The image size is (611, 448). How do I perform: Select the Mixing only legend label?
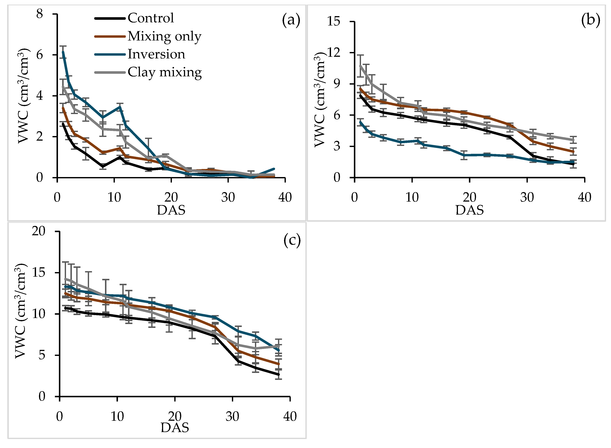(x=164, y=36)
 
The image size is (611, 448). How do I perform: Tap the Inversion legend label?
(x=156, y=54)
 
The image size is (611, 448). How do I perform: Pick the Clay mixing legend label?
(x=164, y=72)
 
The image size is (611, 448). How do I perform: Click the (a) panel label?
(x=291, y=20)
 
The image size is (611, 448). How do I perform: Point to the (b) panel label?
(x=590, y=20)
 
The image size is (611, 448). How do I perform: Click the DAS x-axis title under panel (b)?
(x=469, y=210)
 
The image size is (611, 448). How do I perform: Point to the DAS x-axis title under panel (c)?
(x=175, y=428)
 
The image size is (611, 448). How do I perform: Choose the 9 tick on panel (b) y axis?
(x=337, y=84)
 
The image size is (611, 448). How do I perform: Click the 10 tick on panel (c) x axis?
(x=117, y=416)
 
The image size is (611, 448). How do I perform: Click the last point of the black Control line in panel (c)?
(x=278, y=375)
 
